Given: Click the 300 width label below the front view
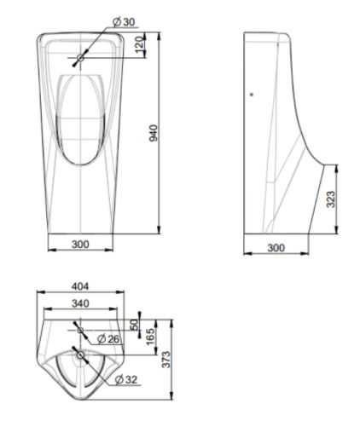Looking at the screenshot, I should [80, 245].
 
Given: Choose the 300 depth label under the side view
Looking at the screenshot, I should [276, 247].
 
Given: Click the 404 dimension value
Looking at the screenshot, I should [79, 287].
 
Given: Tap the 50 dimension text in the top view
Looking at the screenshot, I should [133, 325].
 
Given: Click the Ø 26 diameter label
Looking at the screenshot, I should [108, 339].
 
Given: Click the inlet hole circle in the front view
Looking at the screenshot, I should [81, 58].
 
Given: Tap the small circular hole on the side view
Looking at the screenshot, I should [251, 95].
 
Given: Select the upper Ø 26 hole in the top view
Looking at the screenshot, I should [81, 330].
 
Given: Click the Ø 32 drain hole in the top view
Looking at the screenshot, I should [81, 354].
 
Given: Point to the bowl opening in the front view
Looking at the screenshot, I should [81, 115].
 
